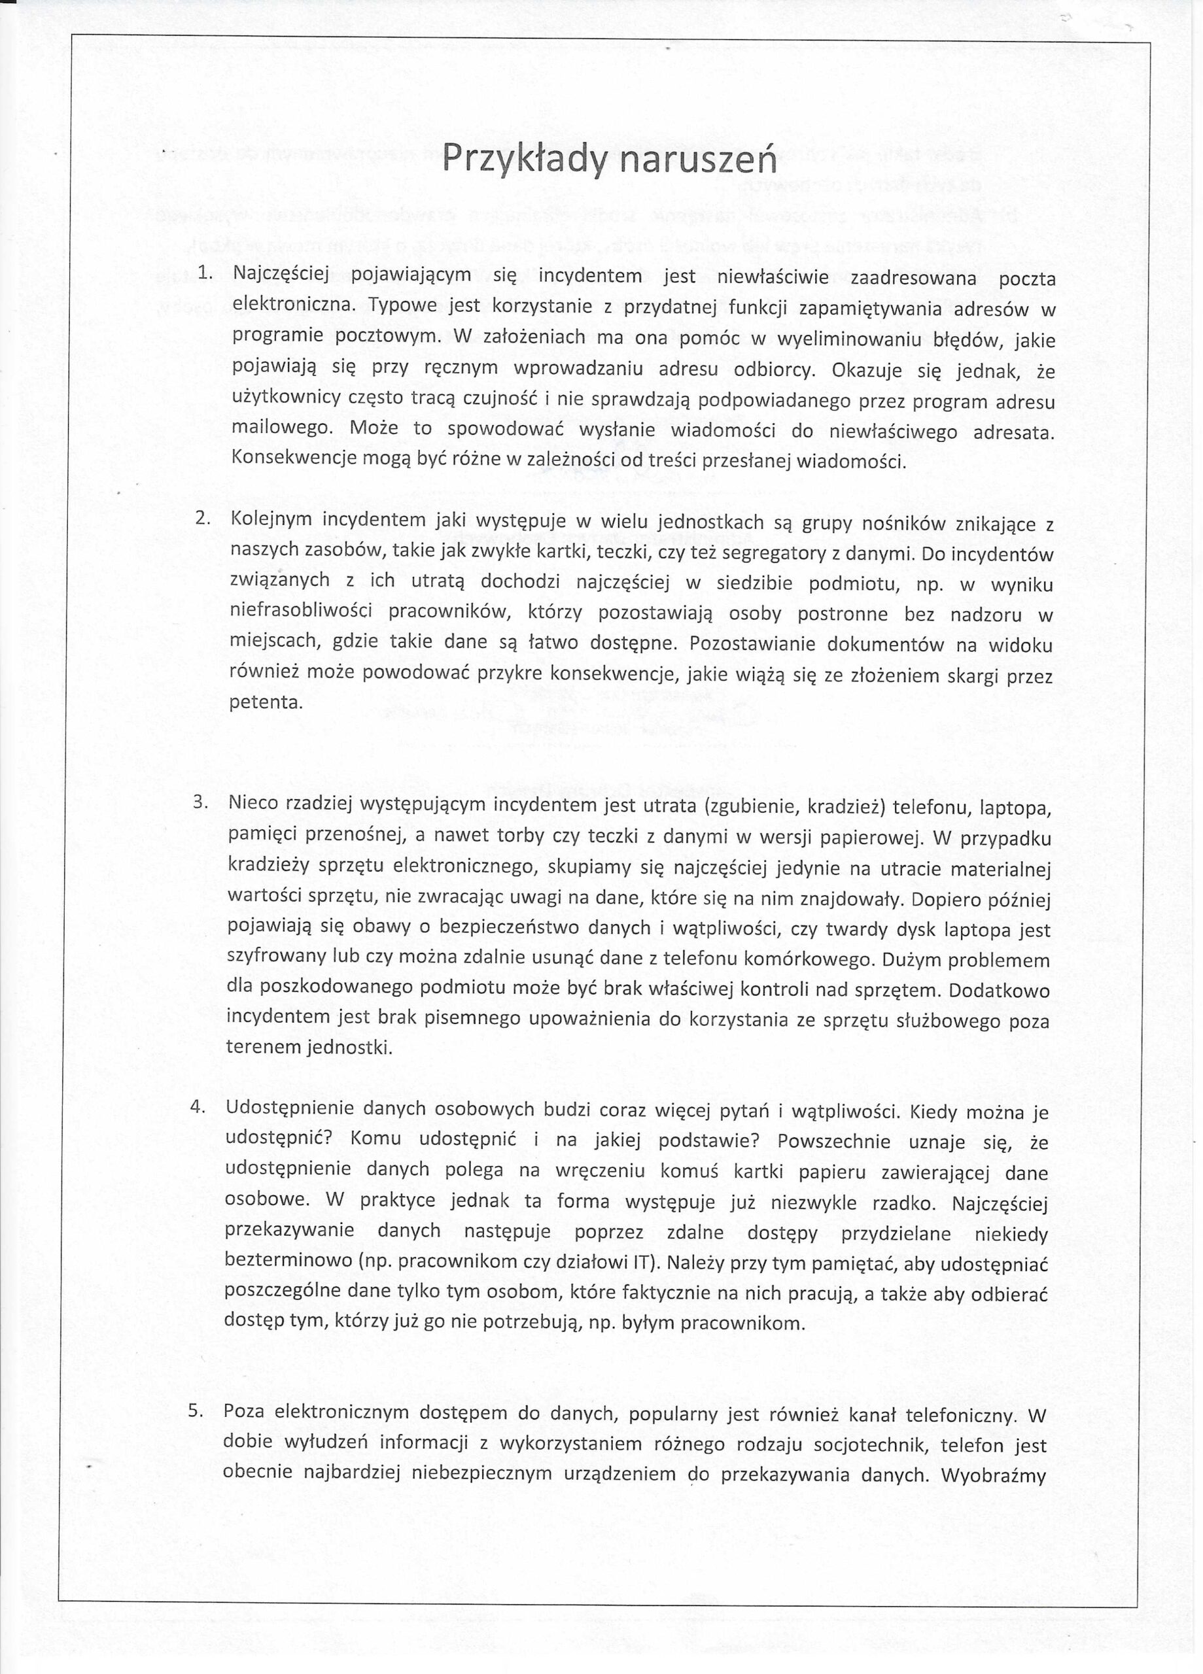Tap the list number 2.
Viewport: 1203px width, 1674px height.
click(x=203, y=517)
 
